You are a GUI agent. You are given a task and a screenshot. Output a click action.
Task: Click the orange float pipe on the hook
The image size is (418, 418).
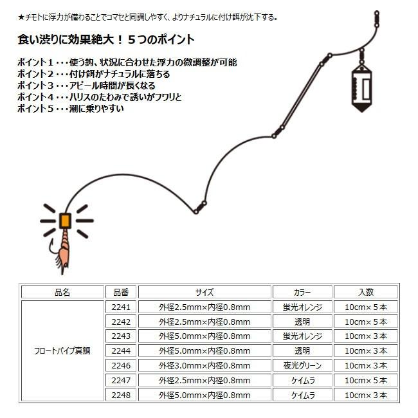pos(65,221)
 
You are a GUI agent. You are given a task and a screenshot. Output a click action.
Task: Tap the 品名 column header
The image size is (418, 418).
pos(62,292)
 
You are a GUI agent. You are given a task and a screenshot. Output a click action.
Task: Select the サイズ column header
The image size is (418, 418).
pos(204,292)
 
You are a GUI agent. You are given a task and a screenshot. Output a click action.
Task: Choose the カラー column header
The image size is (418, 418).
pos(302,292)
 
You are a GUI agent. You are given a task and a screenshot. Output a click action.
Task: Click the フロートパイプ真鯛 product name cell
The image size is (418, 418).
pos(62,351)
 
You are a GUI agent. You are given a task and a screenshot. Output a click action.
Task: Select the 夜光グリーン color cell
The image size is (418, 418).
pos(302,365)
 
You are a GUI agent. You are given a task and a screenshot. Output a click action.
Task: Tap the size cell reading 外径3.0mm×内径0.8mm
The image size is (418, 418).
pos(204,365)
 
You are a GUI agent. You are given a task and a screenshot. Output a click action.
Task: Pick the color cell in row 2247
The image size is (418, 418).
pos(302,380)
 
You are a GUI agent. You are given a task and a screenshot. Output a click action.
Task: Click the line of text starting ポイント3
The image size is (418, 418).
pos(87,86)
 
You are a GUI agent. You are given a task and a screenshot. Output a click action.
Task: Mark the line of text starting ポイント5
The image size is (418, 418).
pos(71,109)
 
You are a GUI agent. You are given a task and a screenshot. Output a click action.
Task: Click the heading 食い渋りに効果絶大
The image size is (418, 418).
pos(105,39)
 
